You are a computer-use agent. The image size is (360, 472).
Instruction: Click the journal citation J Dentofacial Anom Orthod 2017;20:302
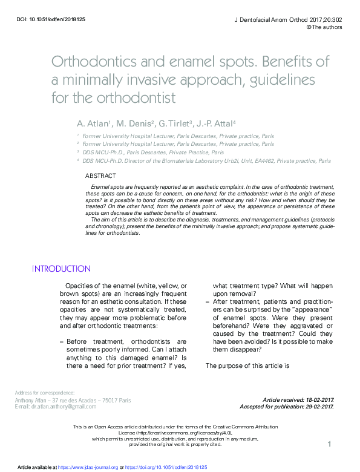click(288, 19)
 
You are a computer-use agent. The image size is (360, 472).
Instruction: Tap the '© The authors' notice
click(324, 27)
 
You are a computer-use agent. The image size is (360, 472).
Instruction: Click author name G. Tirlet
click(174, 123)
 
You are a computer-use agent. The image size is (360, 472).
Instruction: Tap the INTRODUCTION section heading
click(61, 269)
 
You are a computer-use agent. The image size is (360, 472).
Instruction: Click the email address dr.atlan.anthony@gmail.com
click(65, 406)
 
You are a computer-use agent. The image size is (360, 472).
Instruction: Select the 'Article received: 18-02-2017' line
click(298, 400)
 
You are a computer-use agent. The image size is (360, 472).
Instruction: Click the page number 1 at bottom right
click(330, 445)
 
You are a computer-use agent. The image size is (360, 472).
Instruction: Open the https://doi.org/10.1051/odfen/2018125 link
click(166, 468)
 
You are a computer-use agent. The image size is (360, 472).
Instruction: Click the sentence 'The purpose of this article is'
click(248, 365)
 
